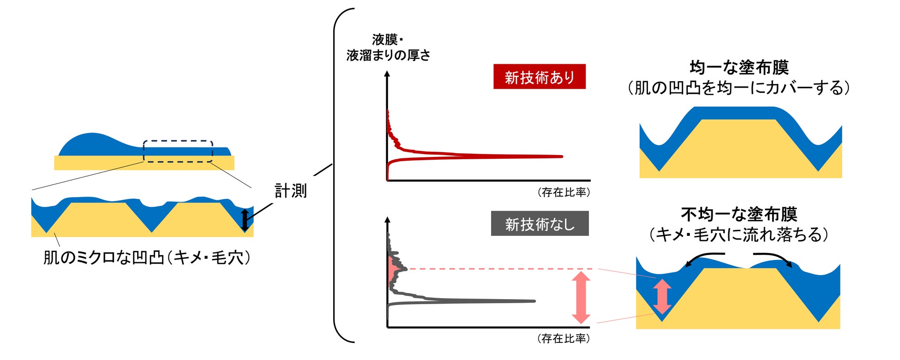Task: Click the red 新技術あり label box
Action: pyautogui.click(x=539, y=77)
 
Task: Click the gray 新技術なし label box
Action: pyautogui.click(x=540, y=224)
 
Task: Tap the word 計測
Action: pyautogui.click(x=290, y=191)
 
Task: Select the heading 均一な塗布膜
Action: pyautogui.click(x=739, y=67)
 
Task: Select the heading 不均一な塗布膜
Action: pyautogui.click(x=739, y=214)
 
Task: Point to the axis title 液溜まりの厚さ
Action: pyautogui.click(x=388, y=55)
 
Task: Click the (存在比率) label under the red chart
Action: pyautogui.click(x=564, y=192)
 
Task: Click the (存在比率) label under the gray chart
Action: pyautogui.click(x=564, y=339)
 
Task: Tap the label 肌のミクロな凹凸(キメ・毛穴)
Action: pyautogui.click(x=147, y=258)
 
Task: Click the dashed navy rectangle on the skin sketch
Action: pyautogui.click(x=178, y=151)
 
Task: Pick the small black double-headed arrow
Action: pyautogui.click(x=245, y=220)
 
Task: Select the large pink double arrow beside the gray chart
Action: pyautogui.click(x=581, y=297)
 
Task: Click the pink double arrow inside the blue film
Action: pyautogui.click(x=662, y=296)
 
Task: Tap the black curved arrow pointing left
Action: pyautogui.click(x=703, y=258)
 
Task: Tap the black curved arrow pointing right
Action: pyautogui.click(x=774, y=258)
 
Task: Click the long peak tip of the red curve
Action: pyautogui.click(x=561, y=156)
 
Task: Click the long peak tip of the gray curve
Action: pyautogui.click(x=533, y=301)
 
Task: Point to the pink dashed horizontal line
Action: pyautogui.click(x=498, y=269)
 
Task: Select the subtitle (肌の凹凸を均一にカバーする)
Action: pyautogui.click(x=738, y=88)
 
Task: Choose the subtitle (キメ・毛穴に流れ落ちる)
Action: pyautogui.click(x=738, y=234)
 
